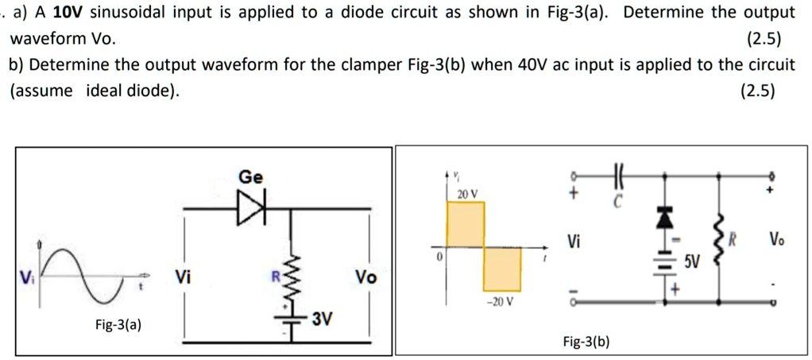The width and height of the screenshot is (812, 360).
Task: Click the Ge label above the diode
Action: pyautogui.click(x=249, y=177)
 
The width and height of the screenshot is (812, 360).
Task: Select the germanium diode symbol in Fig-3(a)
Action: pyautogui.click(x=249, y=210)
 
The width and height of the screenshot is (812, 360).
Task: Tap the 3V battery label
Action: pyautogui.click(x=322, y=320)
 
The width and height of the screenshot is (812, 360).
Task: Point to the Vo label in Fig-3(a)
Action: pyautogui.click(x=365, y=277)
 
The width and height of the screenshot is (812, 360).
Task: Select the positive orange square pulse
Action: pyautogui.click(x=466, y=225)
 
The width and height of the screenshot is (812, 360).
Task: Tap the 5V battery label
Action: pyautogui.click(x=694, y=260)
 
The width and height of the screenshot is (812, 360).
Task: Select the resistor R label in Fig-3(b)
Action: pyautogui.click(x=736, y=238)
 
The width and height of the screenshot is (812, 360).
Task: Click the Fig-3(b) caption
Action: pyautogui.click(x=586, y=342)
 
